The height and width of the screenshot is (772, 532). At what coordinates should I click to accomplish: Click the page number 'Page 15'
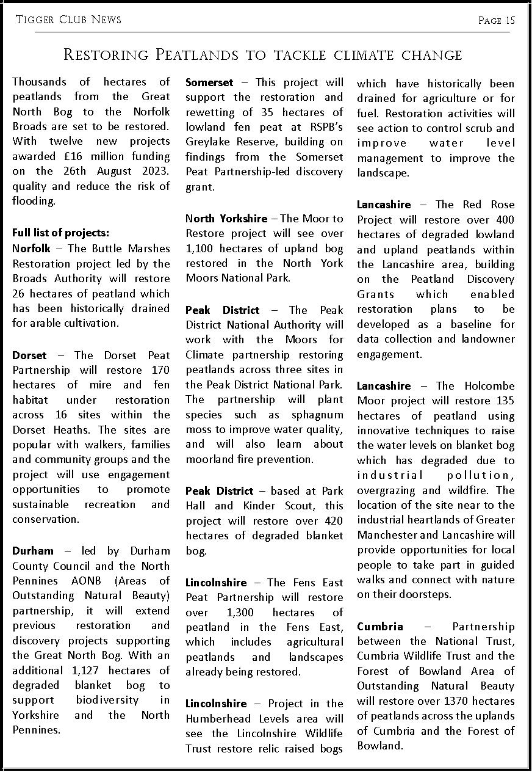click(497, 20)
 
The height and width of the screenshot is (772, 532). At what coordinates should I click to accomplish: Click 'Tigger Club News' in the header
click(68, 20)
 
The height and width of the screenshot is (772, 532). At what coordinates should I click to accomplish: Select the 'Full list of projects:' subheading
click(61, 233)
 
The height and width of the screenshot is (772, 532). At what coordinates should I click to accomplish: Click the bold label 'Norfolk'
click(32, 249)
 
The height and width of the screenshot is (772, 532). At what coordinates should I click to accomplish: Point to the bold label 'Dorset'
click(29, 355)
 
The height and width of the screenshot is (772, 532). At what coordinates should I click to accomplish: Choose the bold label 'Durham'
click(33, 551)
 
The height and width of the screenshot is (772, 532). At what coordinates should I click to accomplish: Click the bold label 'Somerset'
click(209, 82)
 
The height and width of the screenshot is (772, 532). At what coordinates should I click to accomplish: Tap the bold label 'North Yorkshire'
click(226, 219)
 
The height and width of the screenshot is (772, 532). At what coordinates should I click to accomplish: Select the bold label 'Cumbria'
click(380, 627)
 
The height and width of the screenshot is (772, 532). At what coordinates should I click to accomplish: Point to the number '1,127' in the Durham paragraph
click(85, 671)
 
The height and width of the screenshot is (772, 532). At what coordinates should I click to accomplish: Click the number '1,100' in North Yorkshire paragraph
click(200, 249)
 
